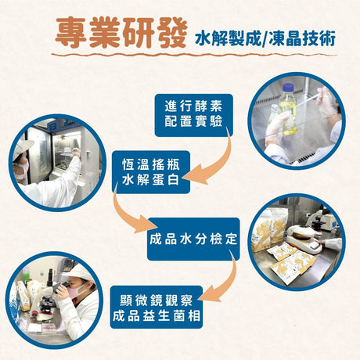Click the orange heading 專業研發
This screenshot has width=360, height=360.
[121, 33]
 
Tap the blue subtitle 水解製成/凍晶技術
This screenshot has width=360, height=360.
[265, 39]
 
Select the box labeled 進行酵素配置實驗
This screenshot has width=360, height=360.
[193, 115]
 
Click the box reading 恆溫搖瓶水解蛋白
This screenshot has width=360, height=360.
[151, 172]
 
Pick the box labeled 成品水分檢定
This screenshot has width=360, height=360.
[193, 239]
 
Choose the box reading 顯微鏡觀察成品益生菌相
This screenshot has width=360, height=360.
[157, 308]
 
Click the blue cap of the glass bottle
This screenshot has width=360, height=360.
[288, 88]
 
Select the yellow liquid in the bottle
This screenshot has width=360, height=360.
[289, 117]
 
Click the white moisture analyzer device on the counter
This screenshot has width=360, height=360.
[304, 238]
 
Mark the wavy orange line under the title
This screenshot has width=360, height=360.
[194, 55]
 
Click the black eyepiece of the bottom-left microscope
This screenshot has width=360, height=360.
[50, 276]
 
